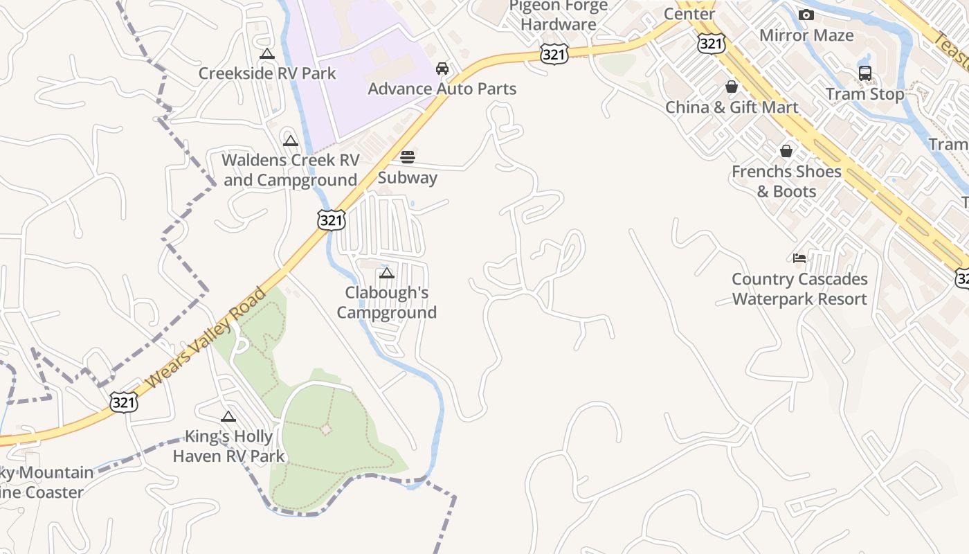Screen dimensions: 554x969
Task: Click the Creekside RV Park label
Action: tap(267, 73)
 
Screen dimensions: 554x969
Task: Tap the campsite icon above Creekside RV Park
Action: tap(267, 54)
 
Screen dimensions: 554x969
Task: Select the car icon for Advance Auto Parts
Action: tap(442, 69)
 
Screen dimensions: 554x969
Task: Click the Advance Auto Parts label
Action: tap(442, 89)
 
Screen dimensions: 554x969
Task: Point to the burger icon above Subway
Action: tap(408, 157)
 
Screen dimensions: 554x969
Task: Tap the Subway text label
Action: tap(408, 177)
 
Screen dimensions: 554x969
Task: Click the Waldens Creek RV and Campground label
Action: tap(290, 170)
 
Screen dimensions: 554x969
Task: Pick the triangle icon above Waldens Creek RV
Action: tap(290, 141)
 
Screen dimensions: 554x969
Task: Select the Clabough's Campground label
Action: tap(387, 303)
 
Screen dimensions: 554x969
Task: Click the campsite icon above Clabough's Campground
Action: tap(387, 274)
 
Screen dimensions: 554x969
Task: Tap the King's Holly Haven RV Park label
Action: tap(228, 446)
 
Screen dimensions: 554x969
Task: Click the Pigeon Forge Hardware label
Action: tap(558, 15)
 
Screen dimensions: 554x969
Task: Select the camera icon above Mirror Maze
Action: tap(806, 15)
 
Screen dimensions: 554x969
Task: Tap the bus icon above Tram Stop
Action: tap(864, 73)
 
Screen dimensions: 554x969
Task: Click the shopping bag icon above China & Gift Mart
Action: tap(732, 87)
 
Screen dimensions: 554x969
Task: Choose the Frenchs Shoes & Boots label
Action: tap(786, 181)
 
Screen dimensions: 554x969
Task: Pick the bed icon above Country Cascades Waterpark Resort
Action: tap(799, 258)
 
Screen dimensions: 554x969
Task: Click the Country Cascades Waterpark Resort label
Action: tap(799, 289)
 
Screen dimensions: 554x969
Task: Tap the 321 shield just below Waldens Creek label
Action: tap(332, 220)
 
